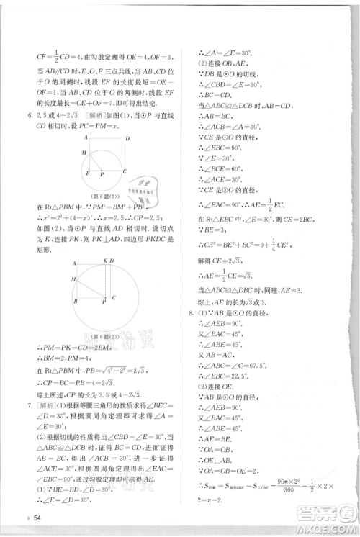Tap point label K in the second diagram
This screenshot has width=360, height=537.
click(x=104, y=260)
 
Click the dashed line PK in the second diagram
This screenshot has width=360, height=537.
click(x=106, y=281)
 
